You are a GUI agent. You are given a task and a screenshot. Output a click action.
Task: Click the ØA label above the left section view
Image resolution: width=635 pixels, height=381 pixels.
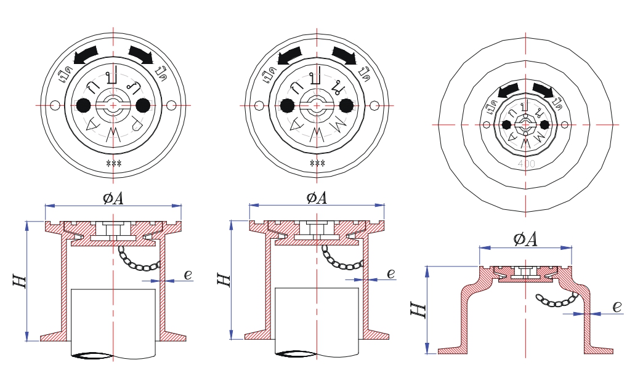coord(113,197)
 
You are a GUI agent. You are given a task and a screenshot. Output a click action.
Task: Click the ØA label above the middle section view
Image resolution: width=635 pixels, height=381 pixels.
coord(317,197)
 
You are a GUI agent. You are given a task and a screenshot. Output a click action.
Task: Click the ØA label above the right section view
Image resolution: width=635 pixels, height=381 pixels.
coord(525,239)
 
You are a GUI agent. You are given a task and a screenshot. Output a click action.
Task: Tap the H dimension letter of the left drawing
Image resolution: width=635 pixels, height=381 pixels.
coord(19,281)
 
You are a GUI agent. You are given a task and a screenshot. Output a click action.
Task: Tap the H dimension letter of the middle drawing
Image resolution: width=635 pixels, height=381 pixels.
coord(224,279)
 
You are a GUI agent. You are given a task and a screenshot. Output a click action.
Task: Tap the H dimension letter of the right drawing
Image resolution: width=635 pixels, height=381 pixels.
coord(418,307)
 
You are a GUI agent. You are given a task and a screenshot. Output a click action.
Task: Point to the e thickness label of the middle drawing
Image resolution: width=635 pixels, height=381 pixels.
coord(390,273)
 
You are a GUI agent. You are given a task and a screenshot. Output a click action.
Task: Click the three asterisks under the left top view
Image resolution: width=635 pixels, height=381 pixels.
coord(113,163)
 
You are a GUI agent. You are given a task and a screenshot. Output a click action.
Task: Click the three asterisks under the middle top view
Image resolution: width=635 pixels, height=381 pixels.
coord(317,163)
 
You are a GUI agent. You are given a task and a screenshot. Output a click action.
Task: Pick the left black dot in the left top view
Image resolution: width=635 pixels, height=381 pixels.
coord(84,105)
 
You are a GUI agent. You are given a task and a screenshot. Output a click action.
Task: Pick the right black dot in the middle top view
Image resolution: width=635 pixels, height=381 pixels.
coord(346,105)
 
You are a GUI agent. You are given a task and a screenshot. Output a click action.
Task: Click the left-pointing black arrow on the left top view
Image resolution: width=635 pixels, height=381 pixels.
coord(86,55)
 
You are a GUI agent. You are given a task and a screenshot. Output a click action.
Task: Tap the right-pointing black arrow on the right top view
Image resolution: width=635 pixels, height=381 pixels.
coord(543,90)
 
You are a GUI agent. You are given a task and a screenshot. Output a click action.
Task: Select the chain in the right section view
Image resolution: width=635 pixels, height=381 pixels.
coord(557,301)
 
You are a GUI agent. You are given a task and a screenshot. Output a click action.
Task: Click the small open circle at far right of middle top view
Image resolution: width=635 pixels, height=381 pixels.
coord(375,105)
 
